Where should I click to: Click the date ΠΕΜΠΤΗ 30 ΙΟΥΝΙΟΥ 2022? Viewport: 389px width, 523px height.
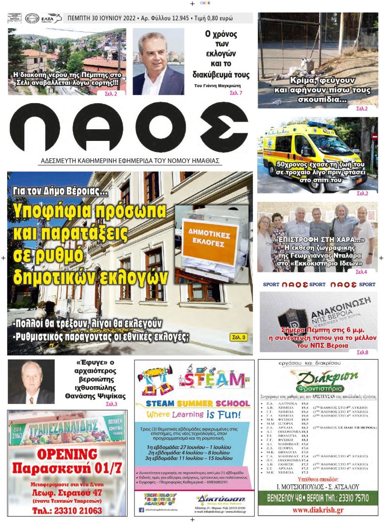coord(101,18)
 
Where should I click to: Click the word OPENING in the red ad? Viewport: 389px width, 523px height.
coord(67,454)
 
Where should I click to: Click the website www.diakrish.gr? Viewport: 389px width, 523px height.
coord(318,509)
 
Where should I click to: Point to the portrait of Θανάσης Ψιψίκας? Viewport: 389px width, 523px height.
coord(31,383)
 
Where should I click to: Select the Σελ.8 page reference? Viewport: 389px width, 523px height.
coord(362,353)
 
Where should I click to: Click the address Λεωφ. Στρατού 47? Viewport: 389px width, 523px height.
coord(67,492)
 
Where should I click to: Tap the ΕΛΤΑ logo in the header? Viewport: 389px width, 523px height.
coord(51,18)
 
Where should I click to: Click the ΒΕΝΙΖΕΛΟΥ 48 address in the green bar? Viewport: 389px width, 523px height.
coord(290,497)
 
